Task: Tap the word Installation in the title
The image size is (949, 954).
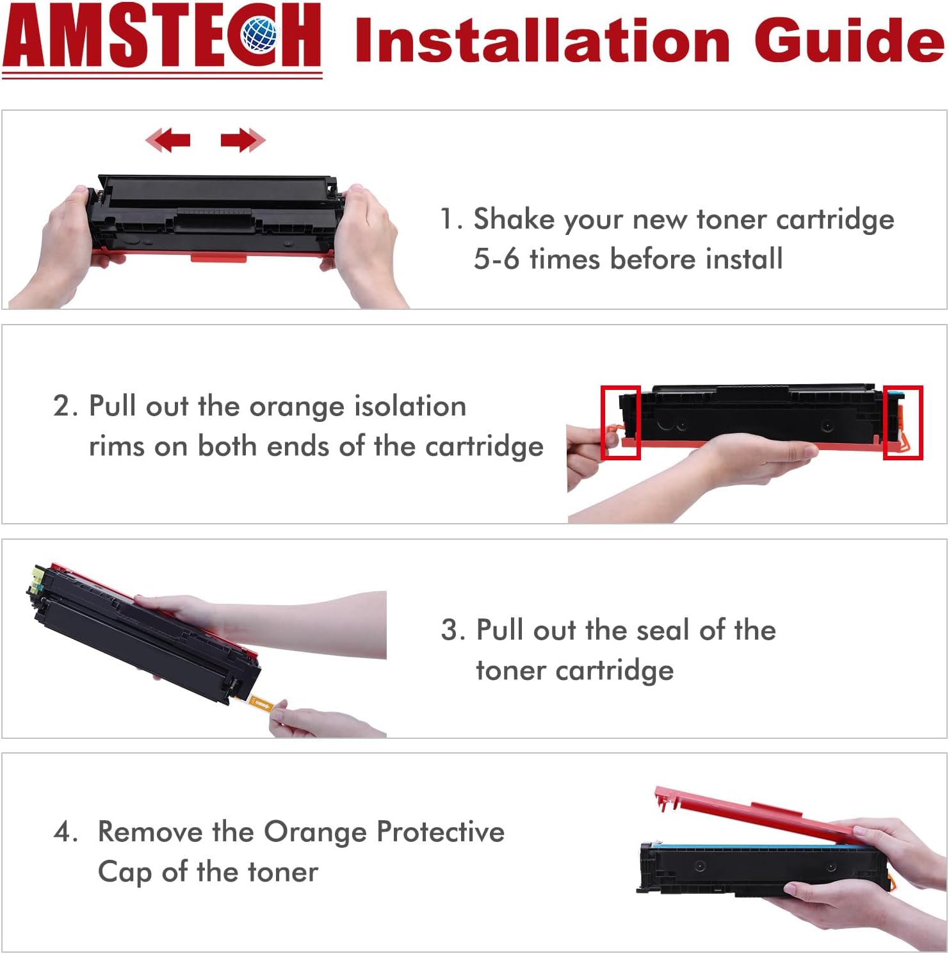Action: pyautogui.click(x=542, y=40)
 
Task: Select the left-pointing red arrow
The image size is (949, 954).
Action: pyautogui.click(x=168, y=140)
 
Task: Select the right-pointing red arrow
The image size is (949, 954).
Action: pyautogui.click(x=243, y=140)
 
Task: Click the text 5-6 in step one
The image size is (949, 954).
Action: pyautogui.click(x=496, y=259)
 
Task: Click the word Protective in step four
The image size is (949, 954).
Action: pyautogui.click(x=441, y=832)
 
